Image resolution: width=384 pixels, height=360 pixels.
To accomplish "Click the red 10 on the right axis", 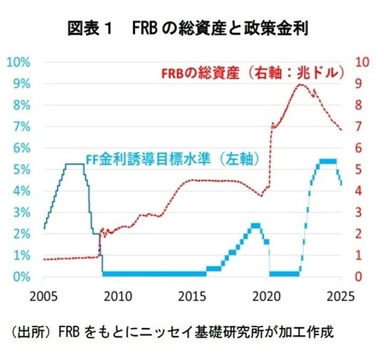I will click(x=361, y=62).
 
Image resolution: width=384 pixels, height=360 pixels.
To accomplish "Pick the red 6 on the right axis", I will click(x=358, y=148).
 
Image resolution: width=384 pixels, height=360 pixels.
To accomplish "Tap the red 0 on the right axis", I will click(x=358, y=277).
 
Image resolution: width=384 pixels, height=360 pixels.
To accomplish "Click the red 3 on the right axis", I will click(x=358, y=212).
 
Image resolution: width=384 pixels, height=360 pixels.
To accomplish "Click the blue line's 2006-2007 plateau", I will click(x=74, y=164).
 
